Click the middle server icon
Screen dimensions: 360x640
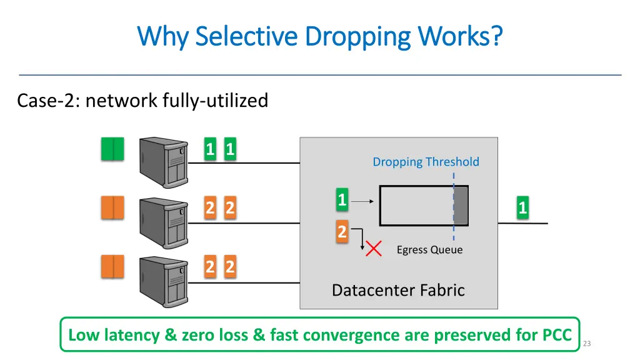click(x=164, y=222)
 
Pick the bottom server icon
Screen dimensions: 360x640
click(x=164, y=281)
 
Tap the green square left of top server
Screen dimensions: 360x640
click(x=112, y=149)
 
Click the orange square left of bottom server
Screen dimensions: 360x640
click(x=112, y=267)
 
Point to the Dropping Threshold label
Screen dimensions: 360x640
click(x=426, y=162)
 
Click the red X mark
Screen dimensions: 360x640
click(x=374, y=249)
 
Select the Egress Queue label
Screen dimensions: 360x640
click(x=429, y=250)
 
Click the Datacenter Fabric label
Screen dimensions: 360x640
click(x=398, y=290)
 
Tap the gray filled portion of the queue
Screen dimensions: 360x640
click(x=461, y=206)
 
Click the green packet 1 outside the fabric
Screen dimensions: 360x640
click(x=522, y=207)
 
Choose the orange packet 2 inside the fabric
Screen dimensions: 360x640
click(x=342, y=232)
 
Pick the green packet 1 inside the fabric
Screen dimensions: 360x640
click(x=342, y=200)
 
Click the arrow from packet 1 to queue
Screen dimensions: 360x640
click(x=362, y=201)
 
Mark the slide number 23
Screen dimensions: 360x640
click(x=586, y=343)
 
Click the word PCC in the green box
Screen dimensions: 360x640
click(x=552, y=335)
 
